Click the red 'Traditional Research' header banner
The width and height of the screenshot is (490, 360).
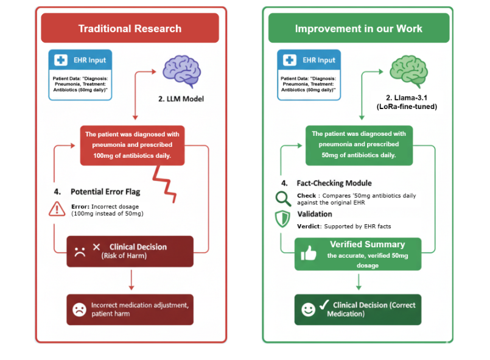[130, 29]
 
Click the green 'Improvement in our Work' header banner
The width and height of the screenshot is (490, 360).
[359, 29]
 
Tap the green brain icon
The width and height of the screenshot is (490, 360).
[405, 68]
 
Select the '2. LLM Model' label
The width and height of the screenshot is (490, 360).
[181, 99]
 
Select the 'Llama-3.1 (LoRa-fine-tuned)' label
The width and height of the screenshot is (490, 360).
[407, 102]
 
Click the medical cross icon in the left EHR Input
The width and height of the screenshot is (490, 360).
[61, 60]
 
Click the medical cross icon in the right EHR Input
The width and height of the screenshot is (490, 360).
[290, 60]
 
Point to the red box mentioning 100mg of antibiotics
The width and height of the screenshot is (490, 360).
[132, 145]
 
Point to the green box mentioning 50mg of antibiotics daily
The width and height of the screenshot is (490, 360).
[359, 144]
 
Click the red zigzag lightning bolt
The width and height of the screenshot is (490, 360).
[166, 184]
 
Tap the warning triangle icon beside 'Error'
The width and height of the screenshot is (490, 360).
[57, 209]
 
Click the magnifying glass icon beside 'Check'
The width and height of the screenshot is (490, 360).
[283, 198]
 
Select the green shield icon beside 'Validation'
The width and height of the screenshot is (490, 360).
[283, 219]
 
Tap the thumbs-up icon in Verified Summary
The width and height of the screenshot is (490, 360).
[309, 253]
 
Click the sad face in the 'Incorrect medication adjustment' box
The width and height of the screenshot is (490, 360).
[79, 309]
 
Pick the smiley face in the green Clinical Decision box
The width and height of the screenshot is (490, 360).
[309, 309]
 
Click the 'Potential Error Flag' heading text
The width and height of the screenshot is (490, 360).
[105, 191]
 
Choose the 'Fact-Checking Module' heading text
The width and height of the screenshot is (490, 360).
[334, 183]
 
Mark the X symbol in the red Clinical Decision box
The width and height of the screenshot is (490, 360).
[96, 247]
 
